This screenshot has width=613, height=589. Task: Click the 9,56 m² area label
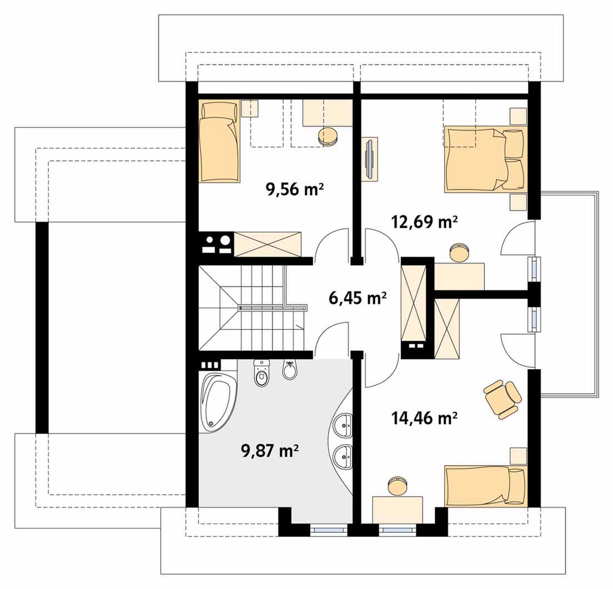click(295, 190)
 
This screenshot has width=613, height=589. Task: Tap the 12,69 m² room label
click(425, 222)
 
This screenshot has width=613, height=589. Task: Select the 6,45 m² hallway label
click(358, 298)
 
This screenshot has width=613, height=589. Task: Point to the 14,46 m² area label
click(425, 418)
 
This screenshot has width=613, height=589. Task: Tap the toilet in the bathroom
click(261, 373)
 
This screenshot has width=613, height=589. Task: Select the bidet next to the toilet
click(290, 370)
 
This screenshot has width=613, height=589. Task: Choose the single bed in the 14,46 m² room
click(486, 486)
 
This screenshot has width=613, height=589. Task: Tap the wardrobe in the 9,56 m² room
click(268, 244)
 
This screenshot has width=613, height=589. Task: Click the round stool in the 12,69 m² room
click(459, 253)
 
